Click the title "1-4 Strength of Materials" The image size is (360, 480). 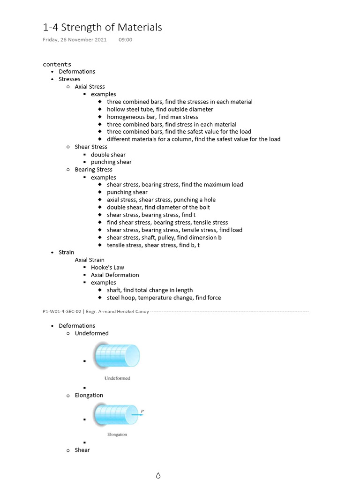click(102, 27)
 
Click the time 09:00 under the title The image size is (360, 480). click(126, 39)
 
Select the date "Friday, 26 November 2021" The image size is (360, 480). click(75, 40)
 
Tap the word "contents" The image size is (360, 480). click(57, 64)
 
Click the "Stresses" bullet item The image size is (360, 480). click(69, 79)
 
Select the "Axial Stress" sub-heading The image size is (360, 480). click(90, 87)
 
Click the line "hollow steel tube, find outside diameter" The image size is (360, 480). click(160, 109)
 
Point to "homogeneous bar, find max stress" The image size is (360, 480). click(152, 117)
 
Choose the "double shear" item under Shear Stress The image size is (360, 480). click(108, 155)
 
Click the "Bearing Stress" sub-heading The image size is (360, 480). click(93, 170)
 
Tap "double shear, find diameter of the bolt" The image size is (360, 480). click(158, 207)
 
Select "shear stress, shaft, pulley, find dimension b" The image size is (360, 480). click(164, 238)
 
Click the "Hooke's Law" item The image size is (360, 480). click(107, 268)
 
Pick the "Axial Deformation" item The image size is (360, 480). click(115, 275)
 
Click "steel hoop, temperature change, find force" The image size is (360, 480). click(164, 298)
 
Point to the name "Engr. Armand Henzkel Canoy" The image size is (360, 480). click(117, 312)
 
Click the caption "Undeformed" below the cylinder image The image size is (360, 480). click(117, 378)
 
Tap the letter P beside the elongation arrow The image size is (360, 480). click(142, 411)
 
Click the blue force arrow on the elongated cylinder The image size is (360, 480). click(137, 415)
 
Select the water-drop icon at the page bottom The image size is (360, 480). click(158, 475)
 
